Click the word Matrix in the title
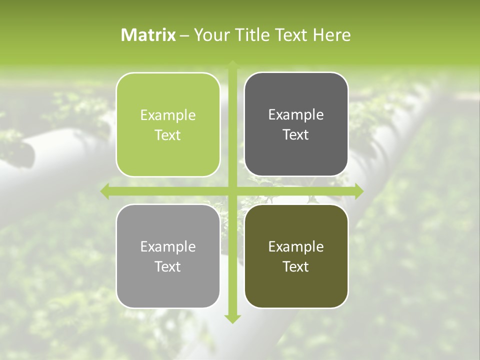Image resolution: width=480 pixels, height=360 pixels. point(148,35)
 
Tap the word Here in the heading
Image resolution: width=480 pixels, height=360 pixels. point(331,35)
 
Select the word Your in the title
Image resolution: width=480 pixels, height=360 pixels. point(210,35)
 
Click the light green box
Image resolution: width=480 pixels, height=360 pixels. point(168,124)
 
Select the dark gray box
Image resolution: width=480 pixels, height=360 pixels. point(296,124)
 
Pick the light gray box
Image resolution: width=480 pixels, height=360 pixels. point(168,256)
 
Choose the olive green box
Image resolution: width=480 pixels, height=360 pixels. point(296,256)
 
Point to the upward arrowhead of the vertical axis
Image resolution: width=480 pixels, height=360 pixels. point(232,64)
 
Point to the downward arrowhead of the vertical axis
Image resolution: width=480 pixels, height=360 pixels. point(232,318)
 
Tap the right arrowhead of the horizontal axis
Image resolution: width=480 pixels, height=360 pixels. point(359,191)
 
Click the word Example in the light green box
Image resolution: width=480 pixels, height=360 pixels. point(168,115)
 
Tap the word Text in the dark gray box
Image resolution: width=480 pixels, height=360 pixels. point(296,135)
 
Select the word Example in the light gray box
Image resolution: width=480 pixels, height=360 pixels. point(168,247)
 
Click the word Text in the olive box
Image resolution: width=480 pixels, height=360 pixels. point(296,266)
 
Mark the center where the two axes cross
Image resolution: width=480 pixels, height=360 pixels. point(232,191)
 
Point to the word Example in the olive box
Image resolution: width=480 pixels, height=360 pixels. point(296,246)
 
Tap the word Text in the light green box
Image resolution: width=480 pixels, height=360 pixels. point(168,135)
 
